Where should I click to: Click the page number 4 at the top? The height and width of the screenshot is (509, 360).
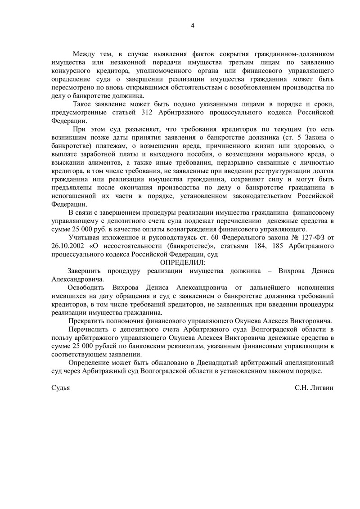coord(193,25)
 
